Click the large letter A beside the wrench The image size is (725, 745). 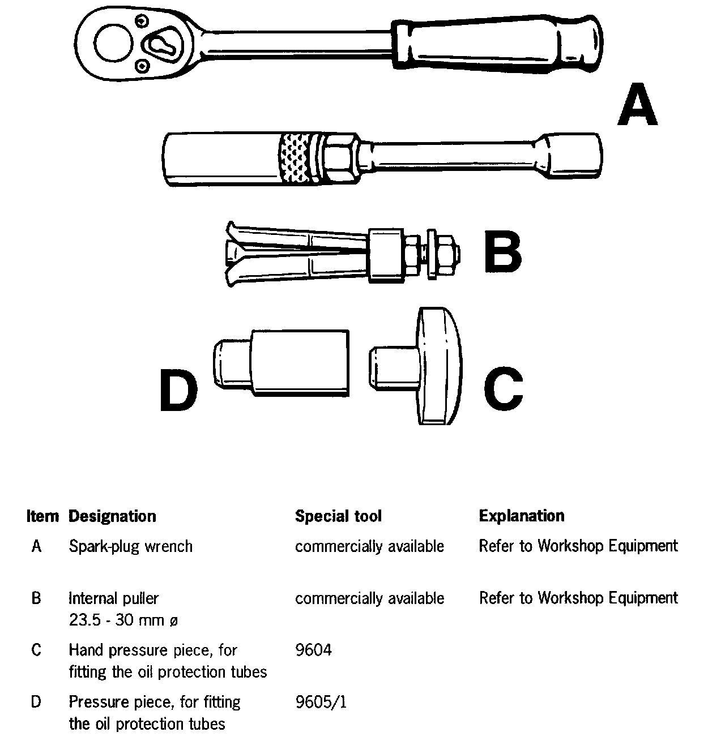(637, 105)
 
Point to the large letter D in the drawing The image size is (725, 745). (178, 390)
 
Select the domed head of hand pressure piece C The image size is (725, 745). (438, 366)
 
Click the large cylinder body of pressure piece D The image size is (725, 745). (298, 362)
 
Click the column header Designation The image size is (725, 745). (112, 516)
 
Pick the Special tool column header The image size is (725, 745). (338, 516)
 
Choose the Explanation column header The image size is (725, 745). (522, 516)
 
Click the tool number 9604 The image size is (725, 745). (313, 650)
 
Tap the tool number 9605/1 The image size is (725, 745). (321, 703)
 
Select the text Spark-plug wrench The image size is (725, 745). (130, 546)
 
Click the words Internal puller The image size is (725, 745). (113, 598)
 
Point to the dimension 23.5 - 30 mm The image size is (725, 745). (123, 620)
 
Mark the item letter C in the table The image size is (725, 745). (36, 650)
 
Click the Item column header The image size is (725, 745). (42, 516)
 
